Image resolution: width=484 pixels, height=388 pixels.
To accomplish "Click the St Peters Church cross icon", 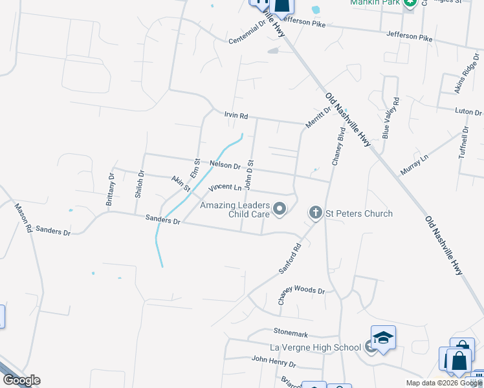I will tap(315, 212).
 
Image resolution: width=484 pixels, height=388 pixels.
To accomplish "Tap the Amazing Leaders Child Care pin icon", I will tap(280, 208).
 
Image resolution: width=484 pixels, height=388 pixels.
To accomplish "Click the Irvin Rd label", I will tap(236, 116).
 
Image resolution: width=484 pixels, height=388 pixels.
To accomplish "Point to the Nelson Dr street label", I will tap(225, 166).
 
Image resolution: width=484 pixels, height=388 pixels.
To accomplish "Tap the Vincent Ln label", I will tap(225, 188).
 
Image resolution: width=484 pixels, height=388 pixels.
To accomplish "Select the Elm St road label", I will tap(196, 169).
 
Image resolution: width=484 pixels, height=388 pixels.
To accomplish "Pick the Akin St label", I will tap(181, 184).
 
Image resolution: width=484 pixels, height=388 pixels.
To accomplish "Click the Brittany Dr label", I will tap(111, 189).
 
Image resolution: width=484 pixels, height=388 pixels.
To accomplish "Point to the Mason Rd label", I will tap(23, 219).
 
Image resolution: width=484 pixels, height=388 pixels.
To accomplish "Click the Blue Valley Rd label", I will tap(391, 118).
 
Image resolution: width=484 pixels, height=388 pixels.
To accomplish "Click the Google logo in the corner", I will tap(21, 380).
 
